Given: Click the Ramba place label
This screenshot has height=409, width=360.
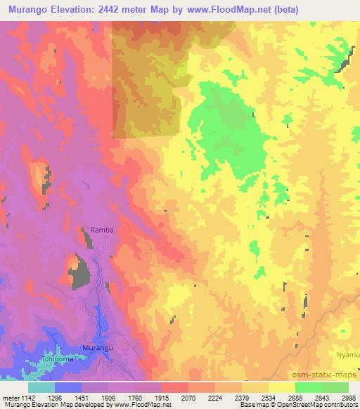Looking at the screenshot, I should click(102, 230).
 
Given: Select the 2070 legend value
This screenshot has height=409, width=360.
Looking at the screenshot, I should click(188, 397).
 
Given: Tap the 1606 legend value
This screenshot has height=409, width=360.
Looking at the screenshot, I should click(108, 397).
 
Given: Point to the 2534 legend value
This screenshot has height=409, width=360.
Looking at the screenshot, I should click(268, 397).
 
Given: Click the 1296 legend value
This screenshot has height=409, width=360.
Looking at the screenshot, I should click(54, 397).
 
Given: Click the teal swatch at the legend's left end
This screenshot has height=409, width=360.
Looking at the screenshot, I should click(41, 387).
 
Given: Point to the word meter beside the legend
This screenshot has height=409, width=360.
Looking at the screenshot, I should click(12, 397).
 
